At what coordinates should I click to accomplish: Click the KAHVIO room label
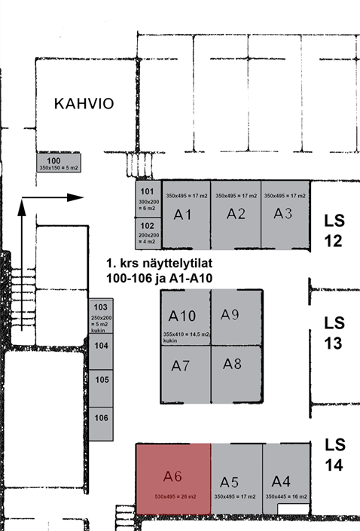click(x=84, y=104)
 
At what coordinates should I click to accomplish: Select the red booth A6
click(x=173, y=479)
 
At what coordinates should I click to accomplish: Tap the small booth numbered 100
click(x=59, y=163)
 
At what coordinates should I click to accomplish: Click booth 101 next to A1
click(x=148, y=199)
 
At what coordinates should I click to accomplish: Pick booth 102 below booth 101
click(x=148, y=233)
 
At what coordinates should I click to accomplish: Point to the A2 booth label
click(x=236, y=214)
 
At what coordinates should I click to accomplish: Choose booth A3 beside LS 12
click(x=285, y=215)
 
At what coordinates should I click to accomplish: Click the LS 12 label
click(x=334, y=230)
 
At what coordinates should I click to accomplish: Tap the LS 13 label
click(x=334, y=333)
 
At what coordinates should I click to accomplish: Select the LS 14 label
click(x=335, y=455)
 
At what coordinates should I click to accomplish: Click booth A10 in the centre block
click(x=185, y=318)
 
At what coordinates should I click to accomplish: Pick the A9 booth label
click(x=230, y=315)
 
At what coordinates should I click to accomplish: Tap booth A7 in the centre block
click(x=185, y=374)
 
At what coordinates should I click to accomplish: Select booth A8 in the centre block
click(x=236, y=374)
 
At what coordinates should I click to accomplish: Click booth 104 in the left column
click(x=101, y=351)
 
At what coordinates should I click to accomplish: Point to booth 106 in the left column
click(x=101, y=423)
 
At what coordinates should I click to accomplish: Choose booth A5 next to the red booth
click(x=236, y=479)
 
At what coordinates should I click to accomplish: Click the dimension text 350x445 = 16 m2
click(x=286, y=496)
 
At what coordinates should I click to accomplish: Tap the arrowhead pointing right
click(x=75, y=197)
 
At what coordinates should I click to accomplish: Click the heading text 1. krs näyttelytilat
click(x=160, y=263)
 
